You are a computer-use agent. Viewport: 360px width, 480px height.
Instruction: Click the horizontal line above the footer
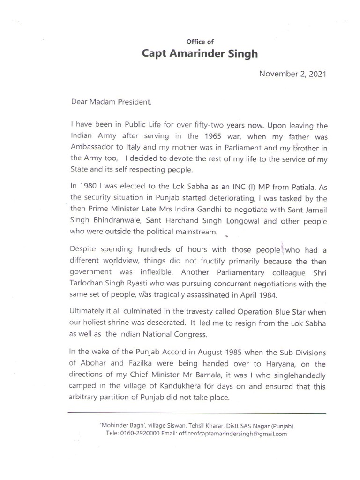197,413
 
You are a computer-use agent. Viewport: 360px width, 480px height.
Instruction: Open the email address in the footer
232,434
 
